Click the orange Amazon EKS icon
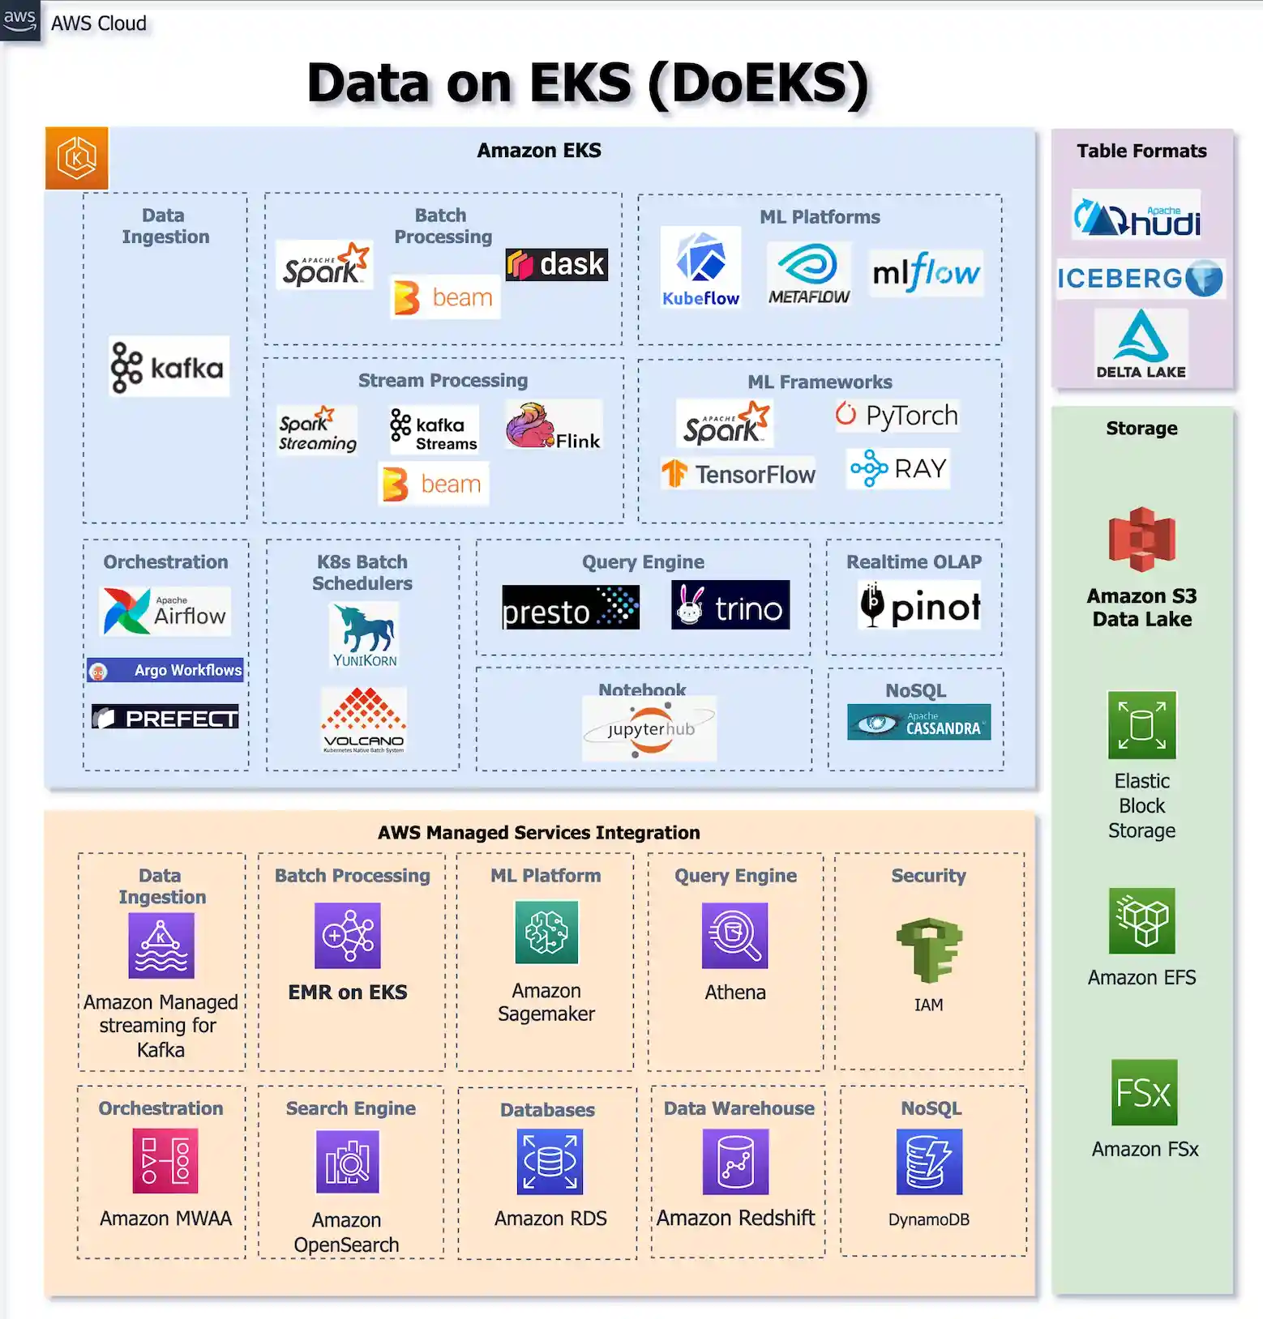click(77, 158)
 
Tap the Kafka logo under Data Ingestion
click(169, 367)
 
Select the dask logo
click(557, 264)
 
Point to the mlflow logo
click(927, 273)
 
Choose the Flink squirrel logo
click(554, 426)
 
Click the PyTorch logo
click(897, 416)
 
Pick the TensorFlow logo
click(739, 474)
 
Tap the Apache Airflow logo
click(165, 611)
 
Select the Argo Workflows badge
click(165, 670)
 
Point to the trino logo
click(730, 605)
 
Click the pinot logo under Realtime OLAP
click(919, 605)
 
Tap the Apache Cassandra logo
click(919, 722)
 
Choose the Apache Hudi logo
click(1137, 215)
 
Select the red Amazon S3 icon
click(1141, 540)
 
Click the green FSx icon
click(1144, 1092)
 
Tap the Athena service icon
click(734, 936)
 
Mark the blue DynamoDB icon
click(929, 1162)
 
